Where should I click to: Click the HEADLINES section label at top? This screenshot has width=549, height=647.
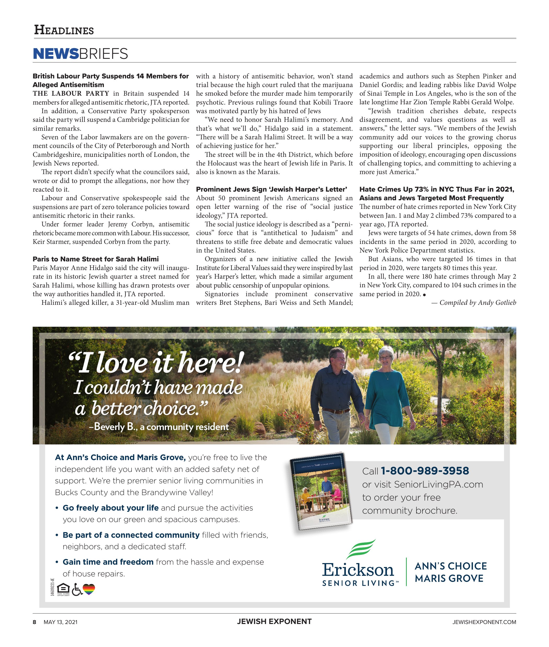coord(64,30)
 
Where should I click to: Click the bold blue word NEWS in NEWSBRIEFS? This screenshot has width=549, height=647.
coord(56,54)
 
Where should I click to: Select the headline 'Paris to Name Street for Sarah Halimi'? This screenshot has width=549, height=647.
coord(95,259)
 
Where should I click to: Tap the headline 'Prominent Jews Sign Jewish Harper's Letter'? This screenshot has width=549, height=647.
coord(271,189)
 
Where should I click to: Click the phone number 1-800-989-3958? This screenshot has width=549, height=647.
coord(425,471)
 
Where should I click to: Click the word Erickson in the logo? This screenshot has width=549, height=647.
coord(358,570)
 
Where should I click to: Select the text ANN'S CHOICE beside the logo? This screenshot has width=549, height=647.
coord(451,566)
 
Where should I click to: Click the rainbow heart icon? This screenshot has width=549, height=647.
coord(89,589)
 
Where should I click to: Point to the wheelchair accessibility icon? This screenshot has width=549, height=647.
coord(77,589)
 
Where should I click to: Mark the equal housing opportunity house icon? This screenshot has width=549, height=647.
coord(64,588)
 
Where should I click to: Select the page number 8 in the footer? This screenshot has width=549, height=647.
coord(35,622)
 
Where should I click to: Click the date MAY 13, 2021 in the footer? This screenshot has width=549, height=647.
coord(60,622)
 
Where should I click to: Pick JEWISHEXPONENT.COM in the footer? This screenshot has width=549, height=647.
coord(484,622)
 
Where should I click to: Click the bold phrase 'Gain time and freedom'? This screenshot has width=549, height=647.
coord(108,562)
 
